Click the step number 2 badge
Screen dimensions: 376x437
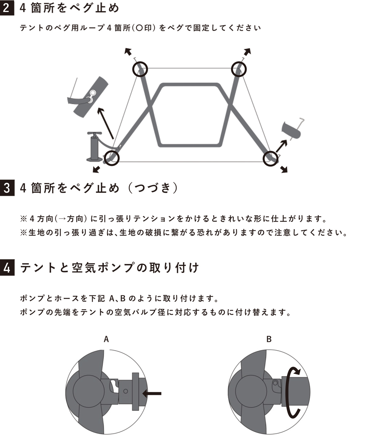click(7, 8)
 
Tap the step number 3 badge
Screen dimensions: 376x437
click(7, 188)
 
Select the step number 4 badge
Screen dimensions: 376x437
click(7, 268)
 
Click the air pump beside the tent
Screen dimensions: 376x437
click(94, 147)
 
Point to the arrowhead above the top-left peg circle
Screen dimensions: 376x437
click(128, 51)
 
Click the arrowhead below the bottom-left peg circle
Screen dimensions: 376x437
click(97, 169)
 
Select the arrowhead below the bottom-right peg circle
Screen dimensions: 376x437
click(284, 169)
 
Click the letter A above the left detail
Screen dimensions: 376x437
click(106, 339)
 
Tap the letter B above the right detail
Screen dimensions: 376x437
click(269, 339)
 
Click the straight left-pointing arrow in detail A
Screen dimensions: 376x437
click(152, 393)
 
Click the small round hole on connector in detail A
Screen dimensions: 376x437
click(125, 391)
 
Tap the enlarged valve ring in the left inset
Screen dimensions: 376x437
click(93, 93)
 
